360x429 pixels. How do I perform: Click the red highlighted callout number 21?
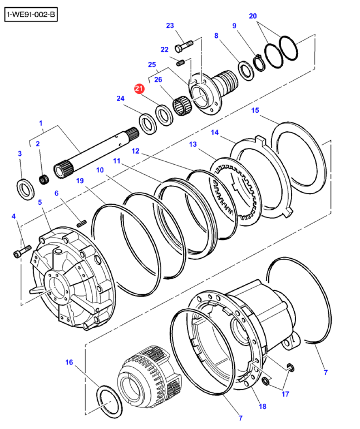coord(138,89)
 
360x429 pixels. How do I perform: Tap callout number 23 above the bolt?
coord(170,26)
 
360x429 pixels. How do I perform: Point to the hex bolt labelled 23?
coord(185,45)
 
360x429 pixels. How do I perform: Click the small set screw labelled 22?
coord(181,63)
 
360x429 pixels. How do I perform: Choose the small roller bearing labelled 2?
coord(43,178)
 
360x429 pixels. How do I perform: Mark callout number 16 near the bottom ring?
coord(70,363)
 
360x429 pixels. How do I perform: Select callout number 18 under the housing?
coord(262,406)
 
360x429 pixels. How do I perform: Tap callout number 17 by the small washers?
coord(284,394)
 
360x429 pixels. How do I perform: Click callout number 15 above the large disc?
coord(255,111)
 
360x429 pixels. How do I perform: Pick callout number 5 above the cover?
coord(40,202)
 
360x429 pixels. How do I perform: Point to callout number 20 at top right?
coord(253,16)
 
